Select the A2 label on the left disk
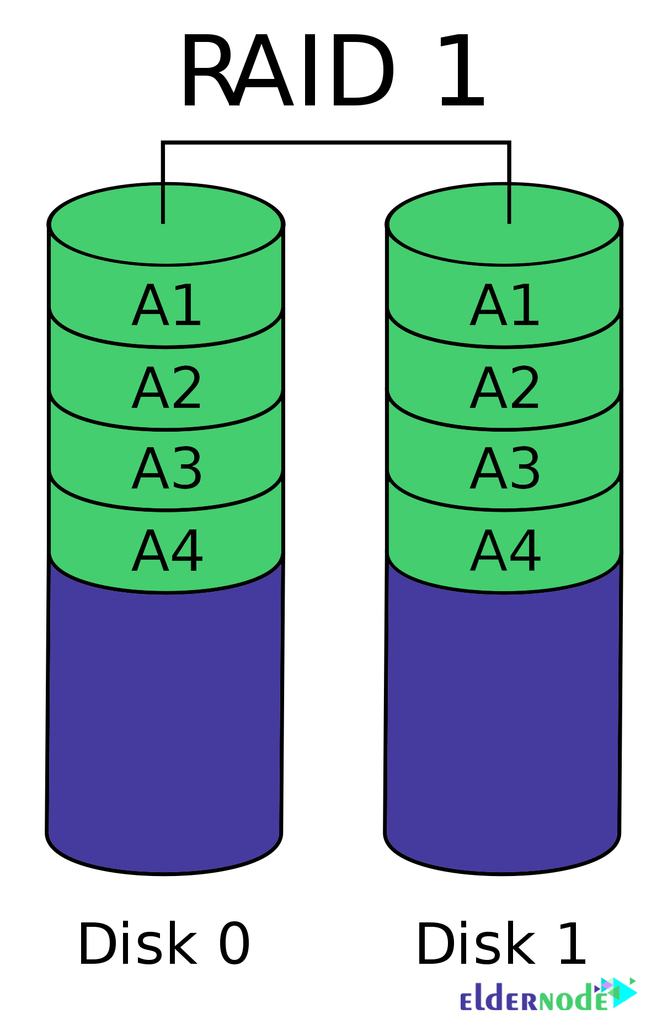(x=167, y=388)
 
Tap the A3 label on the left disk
(x=167, y=469)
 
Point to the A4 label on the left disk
(x=167, y=551)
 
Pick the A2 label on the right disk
(x=505, y=388)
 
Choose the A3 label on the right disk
(x=505, y=469)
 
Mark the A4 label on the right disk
(x=505, y=551)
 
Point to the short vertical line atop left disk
(x=163, y=204)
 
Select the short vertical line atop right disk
(x=509, y=204)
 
